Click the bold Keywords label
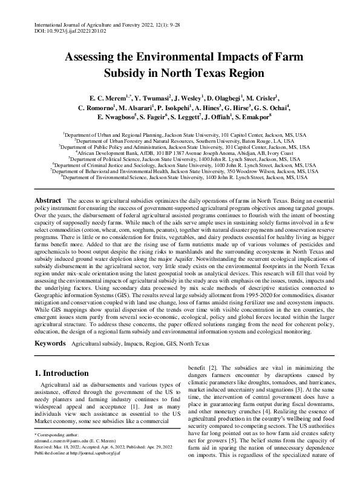tap(50, 343)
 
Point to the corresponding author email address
tap(66, 458)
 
